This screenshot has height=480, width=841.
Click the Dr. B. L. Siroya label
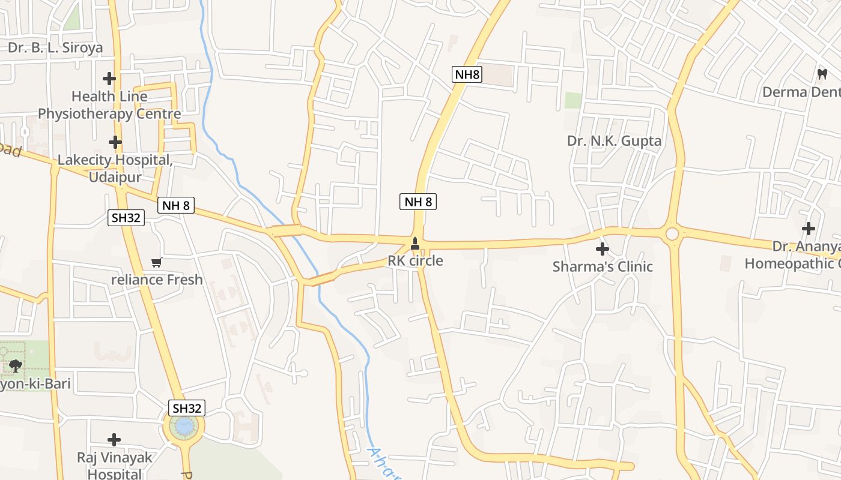pyautogui.click(x=55, y=47)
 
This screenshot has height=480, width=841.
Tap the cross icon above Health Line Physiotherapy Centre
pyautogui.click(x=109, y=79)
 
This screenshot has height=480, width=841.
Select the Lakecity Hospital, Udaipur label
pyautogui.click(x=115, y=169)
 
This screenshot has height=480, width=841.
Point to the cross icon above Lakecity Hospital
pyautogui.click(x=115, y=143)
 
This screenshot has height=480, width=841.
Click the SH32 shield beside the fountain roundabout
pyautogui.click(x=186, y=408)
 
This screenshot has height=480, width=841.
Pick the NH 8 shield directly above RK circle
pyautogui.click(x=418, y=202)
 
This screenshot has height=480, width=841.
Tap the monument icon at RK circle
pyautogui.click(x=414, y=244)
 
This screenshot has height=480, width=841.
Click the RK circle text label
pyautogui.click(x=415, y=261)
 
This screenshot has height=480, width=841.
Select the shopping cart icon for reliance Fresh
pyautogui.click(x=157, y=262)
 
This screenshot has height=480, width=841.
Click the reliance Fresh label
pyautogui.click(x=157, y=280)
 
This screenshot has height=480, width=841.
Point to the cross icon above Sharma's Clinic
pyautogui.click(x=602, y=249)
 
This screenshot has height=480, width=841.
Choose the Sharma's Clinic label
pyautogui.click(x=603, y=266)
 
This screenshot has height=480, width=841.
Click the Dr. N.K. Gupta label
pyautogui.click(x=614, y=141)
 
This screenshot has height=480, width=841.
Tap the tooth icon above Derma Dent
pyautogui.click(x=822, y=74)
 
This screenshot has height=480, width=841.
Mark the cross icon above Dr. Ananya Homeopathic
pyautogui.click(x=809, y=229)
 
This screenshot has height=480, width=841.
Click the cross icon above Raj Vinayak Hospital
pyautogui.click(x=114, y=440)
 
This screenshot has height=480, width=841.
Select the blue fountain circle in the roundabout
pyautogui.click(x=184, y=427)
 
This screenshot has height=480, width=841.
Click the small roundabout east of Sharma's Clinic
pyautogui.click(x=672, y=233)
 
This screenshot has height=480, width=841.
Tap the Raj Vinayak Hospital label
pyautogui.click(x=115, y=466)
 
